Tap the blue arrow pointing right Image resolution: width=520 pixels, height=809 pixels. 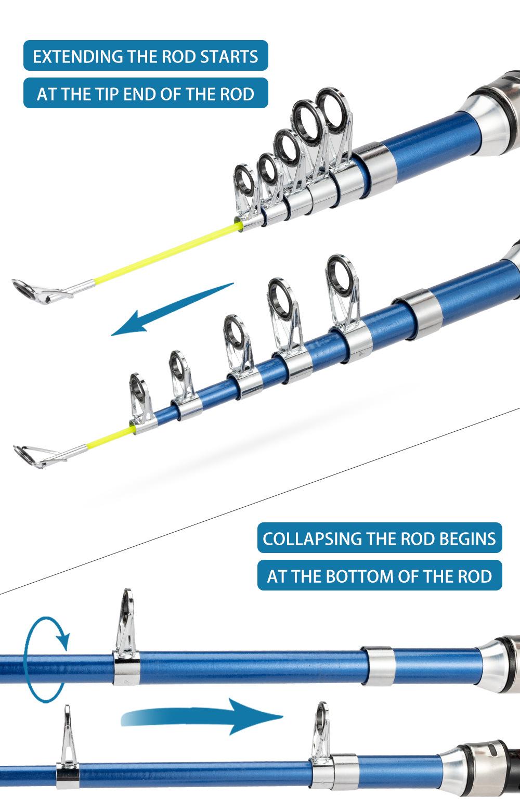click(208, 717)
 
